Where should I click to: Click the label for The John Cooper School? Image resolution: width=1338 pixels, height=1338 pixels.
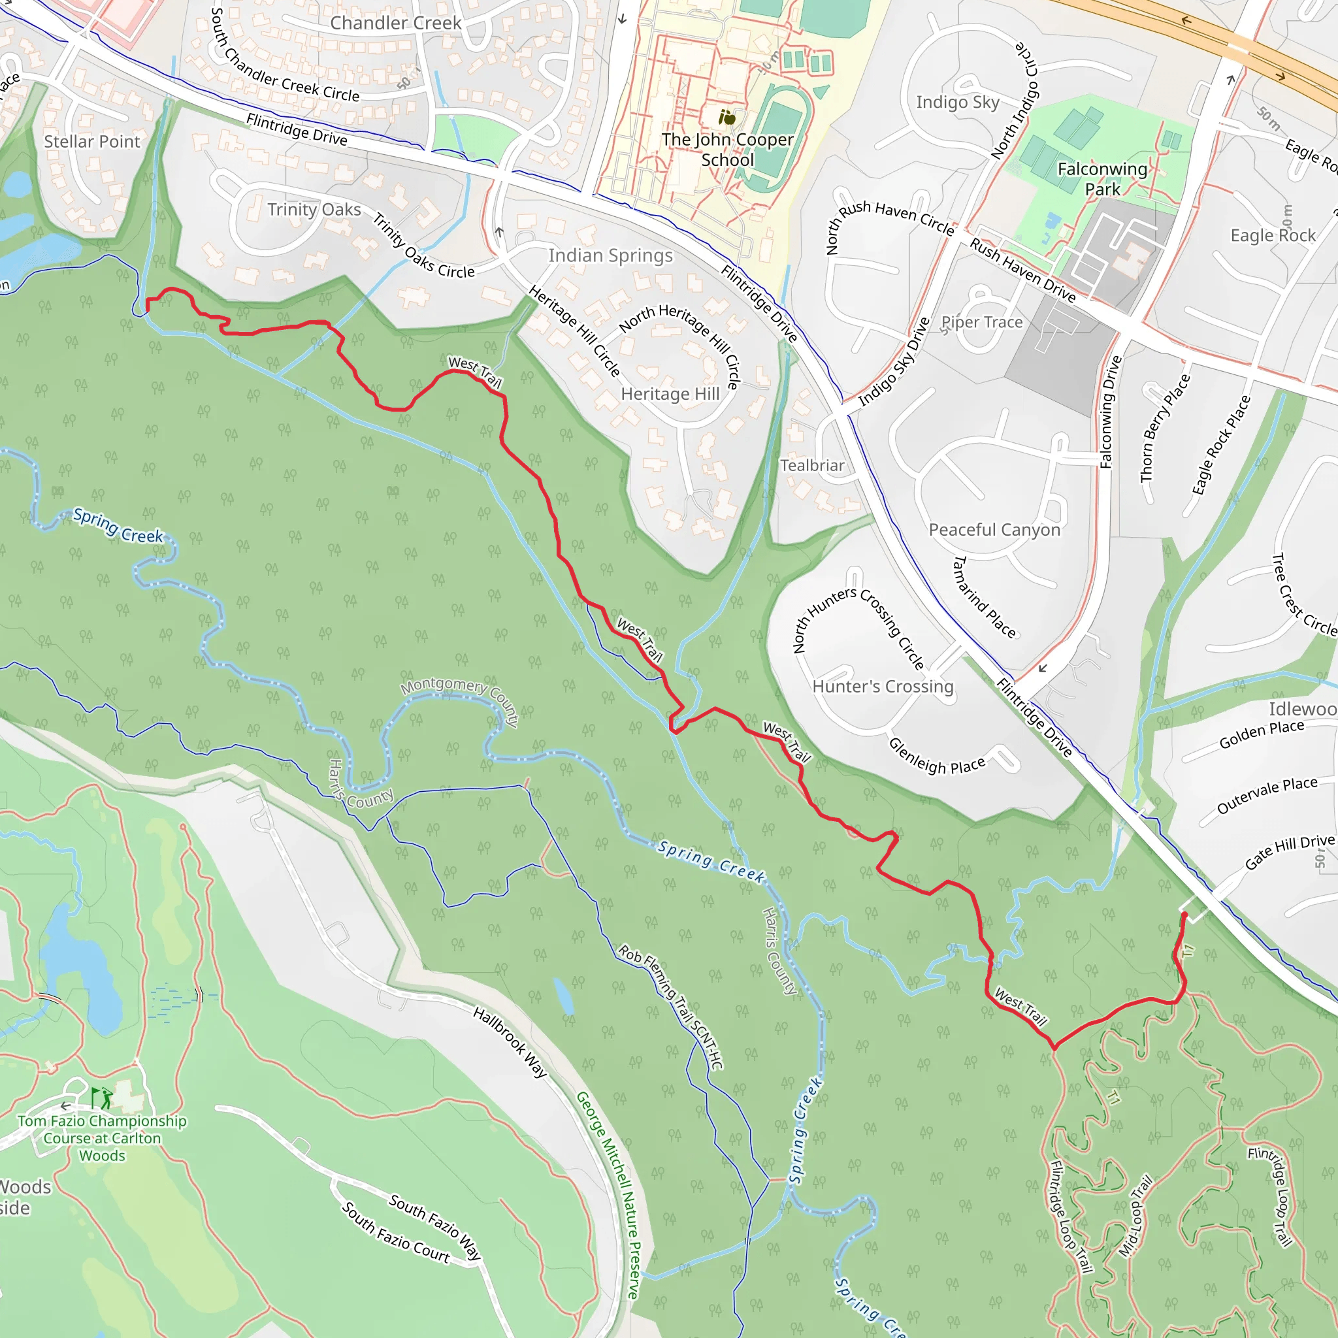[x=727, y=150]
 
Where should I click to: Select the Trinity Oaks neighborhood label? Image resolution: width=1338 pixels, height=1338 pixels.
[x=314, y=209]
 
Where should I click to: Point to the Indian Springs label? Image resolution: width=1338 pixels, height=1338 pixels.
[x=610, y=255]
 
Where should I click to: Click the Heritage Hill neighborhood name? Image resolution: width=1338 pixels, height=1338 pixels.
[x=670, y=394]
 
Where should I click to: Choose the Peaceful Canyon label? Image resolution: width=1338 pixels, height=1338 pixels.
[x=994, y=530]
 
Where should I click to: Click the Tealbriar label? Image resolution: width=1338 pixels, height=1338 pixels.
[x=811, y=465]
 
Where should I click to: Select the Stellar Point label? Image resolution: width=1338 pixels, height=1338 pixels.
[x=92, y=141]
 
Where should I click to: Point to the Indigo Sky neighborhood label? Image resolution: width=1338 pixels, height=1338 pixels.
[x=957, y=103]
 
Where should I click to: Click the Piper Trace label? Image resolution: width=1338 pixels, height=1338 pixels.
[x=981, y=322]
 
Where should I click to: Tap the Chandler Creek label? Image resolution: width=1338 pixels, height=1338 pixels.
[x=395, y=23]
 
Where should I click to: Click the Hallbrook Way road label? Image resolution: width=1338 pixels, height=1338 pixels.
[x=510, y=1041]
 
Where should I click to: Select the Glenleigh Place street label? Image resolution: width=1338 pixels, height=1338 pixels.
[x=936, y=757]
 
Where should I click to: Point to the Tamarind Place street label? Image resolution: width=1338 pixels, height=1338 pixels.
[x=983, y=596]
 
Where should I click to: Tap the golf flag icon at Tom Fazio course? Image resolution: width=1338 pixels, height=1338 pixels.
[x=102, y=1097]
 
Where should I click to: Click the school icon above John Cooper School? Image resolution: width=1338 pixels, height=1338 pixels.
[x=726, y=118]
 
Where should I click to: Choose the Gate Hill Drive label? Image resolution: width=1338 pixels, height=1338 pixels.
[x=1289, y=851]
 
